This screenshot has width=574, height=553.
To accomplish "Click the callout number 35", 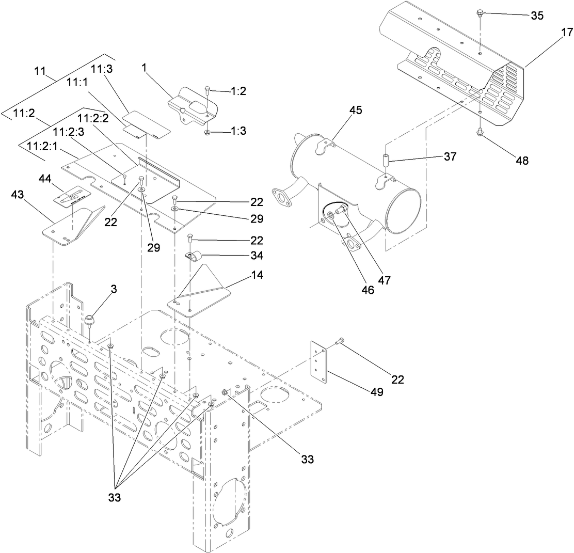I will (537, 15).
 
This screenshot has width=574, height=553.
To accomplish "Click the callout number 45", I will (355, 110).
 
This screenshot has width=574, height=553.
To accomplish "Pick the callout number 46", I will (368, 290).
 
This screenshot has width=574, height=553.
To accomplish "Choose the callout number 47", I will (384, 280).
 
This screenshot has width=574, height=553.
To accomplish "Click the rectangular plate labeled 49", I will (320, 362).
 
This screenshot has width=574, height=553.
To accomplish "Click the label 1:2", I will (238, 91).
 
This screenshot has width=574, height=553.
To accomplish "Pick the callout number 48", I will (522, 161).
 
